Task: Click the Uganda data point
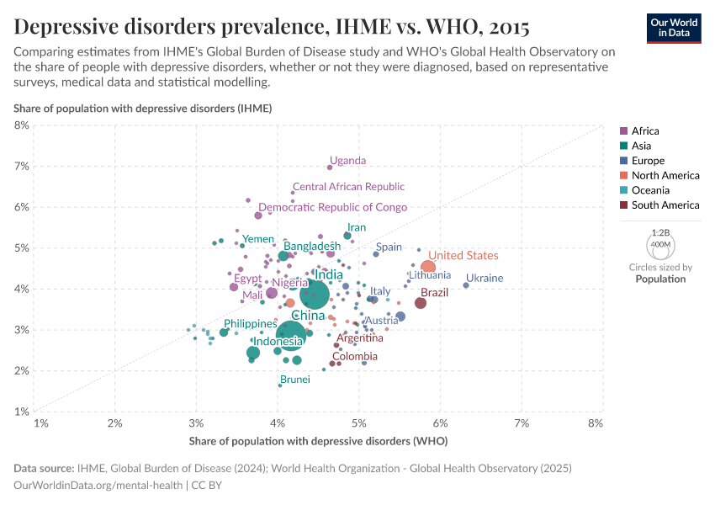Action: pyautogui.click(x=330, y=167)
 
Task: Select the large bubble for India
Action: pyautogui.click(x=315, y=295)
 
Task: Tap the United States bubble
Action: pyautogui.click(x=428, y=268)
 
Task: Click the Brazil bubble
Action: pyautogui.click(x=421, y=303)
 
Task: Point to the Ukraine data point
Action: pyautogui.click(x=466, y=285)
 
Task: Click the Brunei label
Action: pyautogui.click(x=295, y=380)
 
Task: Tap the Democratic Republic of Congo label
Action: pyautogui.click(x=332, y=207)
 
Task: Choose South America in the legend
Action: pyautogui.click(x=665, y=205)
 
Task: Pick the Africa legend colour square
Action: pyautogui.click(x=623, y=131)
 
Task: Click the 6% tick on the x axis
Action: pyautogui.click(x=441, y=423)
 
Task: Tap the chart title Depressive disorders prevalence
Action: pyautogui.click(x=272, y=27)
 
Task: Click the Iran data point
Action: pyautogui.click(x=347, y=236)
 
